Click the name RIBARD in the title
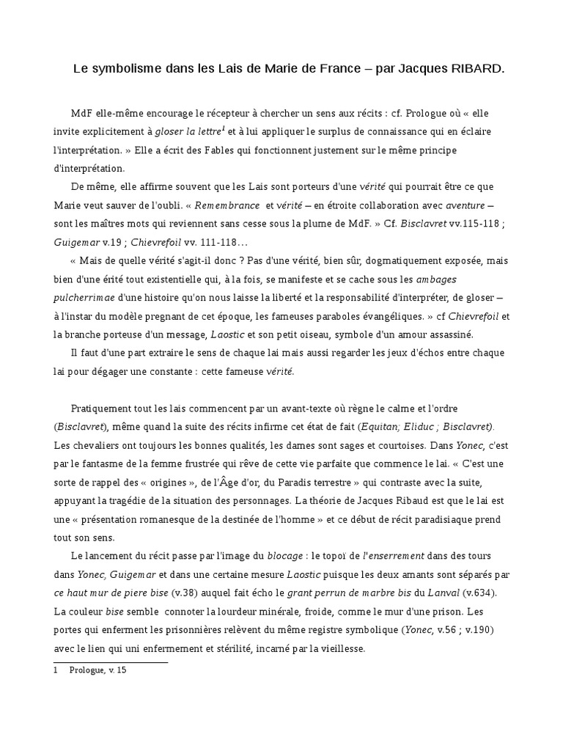477,70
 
